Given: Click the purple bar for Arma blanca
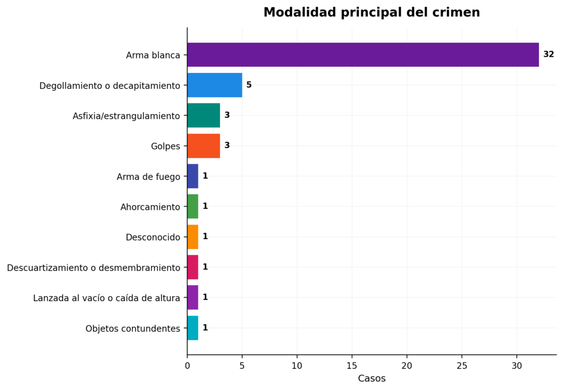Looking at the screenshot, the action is (x=363, y=54).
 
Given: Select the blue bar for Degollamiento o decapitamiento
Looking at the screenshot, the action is (x=215, y=85).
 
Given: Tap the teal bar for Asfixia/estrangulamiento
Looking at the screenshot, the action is (x=203, y=115).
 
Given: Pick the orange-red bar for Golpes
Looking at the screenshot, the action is (x=203, y=146).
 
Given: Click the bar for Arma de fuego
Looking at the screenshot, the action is (x=193, y=176).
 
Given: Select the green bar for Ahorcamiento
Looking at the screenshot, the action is (x=193, y=207).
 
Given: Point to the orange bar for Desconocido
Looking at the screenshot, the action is (x=193, y=237).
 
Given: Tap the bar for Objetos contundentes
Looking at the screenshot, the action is (x=193, y=328).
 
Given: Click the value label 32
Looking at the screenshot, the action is (x=549, y=54).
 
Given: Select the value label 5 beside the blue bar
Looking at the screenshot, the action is (x=249, y=85).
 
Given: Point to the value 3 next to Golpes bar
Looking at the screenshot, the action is (x=227, y=146).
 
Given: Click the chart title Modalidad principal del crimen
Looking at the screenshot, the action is (x=372, y=12).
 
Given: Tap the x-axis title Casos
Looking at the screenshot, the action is (x=372, y=378).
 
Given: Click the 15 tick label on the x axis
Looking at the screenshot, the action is (x=352, y=366).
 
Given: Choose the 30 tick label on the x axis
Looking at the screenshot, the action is (x=517, y=366).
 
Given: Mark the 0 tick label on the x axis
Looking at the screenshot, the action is (x=187, y=366).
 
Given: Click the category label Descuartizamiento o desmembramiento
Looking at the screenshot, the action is (x=93, y=268).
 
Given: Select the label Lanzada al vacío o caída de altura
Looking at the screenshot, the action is (x=107, y=298).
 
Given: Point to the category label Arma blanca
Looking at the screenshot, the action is (x=153, y=55).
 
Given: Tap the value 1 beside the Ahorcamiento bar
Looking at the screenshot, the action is (x=205, y=206).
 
